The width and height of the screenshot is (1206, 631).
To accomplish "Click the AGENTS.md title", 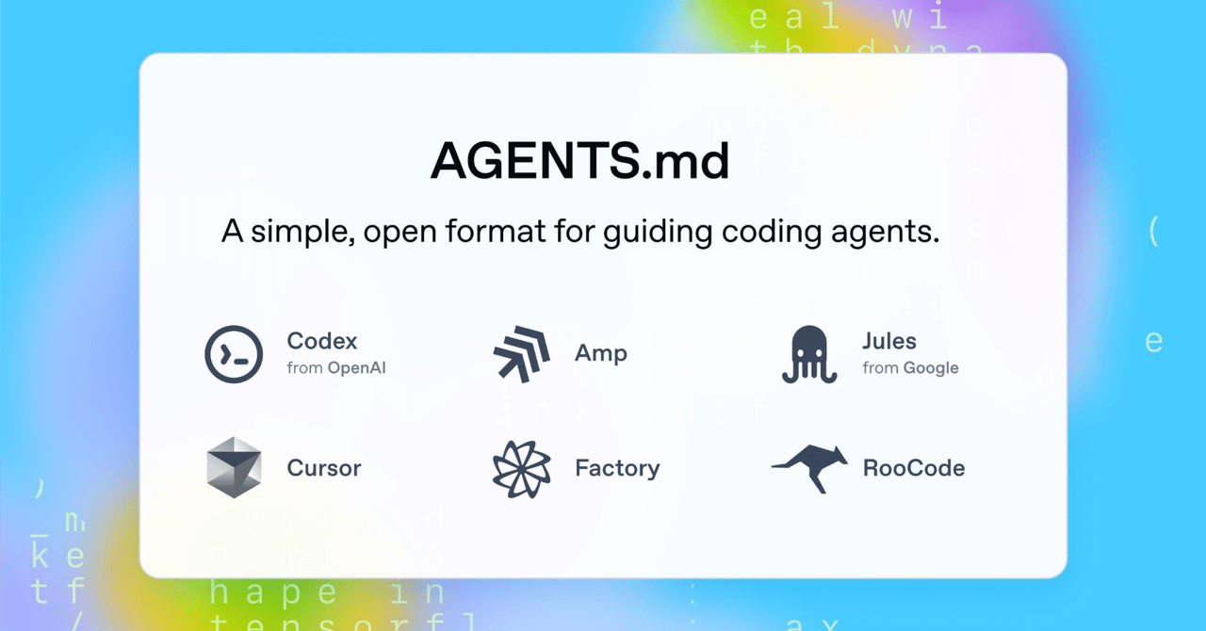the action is [x=579, y=162].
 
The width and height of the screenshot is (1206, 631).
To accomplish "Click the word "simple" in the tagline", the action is [x=299, y=232].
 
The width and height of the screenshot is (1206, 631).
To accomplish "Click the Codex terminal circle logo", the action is [x=234, y=354].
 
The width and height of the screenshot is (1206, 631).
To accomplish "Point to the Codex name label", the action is [x=322, y=341].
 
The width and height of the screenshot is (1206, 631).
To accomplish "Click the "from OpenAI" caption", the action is [x=336, y=368].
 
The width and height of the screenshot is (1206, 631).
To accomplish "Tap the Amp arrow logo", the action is [x=522, y=354].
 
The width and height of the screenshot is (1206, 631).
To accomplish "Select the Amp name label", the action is [x=601, y=354].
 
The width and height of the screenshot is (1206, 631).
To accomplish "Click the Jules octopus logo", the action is [x=809, y=354].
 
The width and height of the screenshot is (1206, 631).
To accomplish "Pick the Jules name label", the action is [x=889, y=341].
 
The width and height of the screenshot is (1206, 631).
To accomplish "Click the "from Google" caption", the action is [x=910, y=368].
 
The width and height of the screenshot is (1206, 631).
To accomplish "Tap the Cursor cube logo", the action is [x=234, y=467].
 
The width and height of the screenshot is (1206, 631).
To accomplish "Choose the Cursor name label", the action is [x=324, y=468].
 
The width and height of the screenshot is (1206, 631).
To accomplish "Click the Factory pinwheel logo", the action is [x=522, y=468].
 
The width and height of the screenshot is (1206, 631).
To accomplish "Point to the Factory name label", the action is [x=617, y=468].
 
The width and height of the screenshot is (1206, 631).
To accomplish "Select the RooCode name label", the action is [x=914, y=468].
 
